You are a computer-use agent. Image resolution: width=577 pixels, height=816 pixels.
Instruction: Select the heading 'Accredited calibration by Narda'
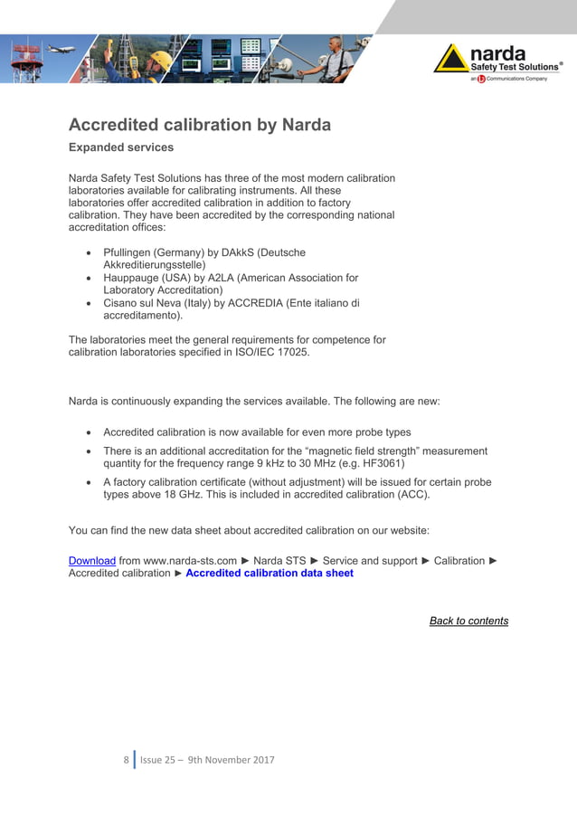[x=200, y=125]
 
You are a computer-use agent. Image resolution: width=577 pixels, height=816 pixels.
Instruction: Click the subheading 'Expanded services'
[x=121, y=147]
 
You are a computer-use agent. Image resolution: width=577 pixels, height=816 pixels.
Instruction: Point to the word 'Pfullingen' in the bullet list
[x=130, y=252]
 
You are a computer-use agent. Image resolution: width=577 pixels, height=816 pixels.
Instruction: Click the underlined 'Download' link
[x=91, y=561]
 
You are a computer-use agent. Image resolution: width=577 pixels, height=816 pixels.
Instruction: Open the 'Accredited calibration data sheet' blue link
[x=270, y=574]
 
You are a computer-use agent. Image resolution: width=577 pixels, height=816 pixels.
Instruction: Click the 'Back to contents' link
[x=468, y=621]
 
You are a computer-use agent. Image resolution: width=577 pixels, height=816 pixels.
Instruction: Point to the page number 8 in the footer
[x=126, y=760]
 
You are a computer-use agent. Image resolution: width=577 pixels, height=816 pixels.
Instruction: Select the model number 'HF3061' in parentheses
[x=378, y=462]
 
